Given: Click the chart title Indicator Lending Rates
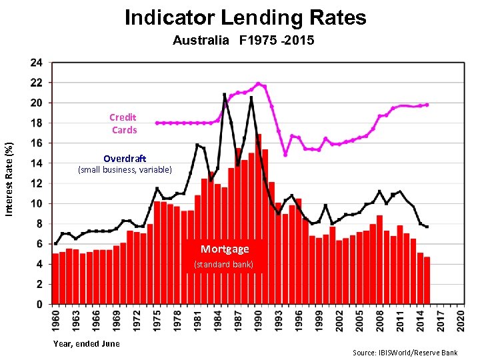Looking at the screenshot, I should point(245,17).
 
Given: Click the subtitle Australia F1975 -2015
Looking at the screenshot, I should point(243,41).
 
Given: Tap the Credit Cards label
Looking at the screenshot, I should point(123,124).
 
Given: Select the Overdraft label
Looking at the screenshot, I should point(125,159).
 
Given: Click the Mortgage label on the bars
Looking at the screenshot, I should point(225,249).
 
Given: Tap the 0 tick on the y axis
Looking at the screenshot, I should point(40,304).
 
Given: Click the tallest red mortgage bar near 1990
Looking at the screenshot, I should point(259,220).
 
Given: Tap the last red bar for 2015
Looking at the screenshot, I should point(427,281).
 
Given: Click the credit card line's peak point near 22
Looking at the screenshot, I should point(259,84).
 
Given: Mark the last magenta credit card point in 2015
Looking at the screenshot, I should point(427,105).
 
